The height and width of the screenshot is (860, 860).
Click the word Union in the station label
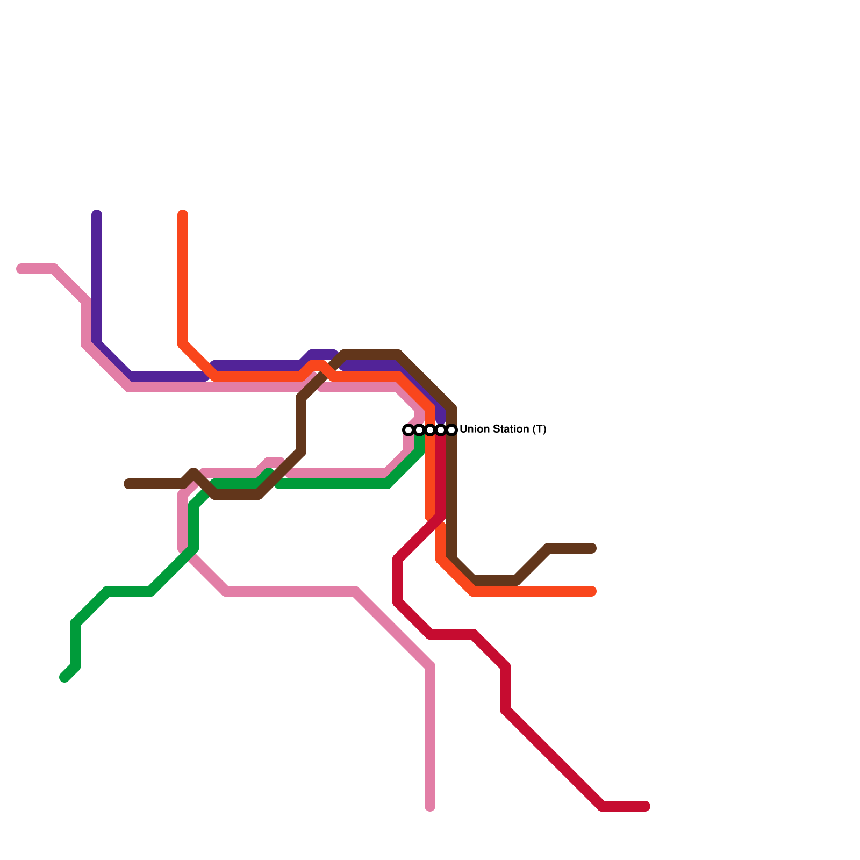pos(475,429)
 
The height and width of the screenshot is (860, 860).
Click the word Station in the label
pos(511,429)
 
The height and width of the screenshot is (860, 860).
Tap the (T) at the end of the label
pos(539,429)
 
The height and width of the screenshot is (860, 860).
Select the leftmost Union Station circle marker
pos(408,430)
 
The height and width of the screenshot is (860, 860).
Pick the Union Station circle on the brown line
pos(451,430)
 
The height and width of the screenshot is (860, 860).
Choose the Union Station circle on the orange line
pos(430,430)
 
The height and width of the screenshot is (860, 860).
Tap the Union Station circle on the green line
pos(419,430)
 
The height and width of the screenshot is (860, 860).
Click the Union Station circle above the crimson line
pos(441,430)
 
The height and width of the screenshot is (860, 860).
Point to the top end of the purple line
pos(97,215)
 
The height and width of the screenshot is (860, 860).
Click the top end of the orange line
pos(183,215)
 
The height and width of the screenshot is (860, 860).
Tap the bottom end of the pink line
pos(430,806)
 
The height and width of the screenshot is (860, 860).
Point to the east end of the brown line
pos(592,548)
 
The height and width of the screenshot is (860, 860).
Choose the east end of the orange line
pos(592,591)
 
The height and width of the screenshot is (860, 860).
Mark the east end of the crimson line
pos(646,806)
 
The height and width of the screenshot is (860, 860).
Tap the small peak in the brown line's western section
pos(193,473)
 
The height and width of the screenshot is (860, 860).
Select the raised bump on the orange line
pos(317,365)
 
